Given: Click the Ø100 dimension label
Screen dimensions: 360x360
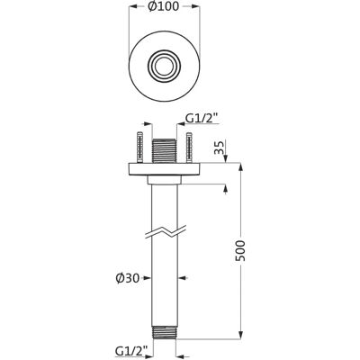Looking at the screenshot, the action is (x=164, y=6).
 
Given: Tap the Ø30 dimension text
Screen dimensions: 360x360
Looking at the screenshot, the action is (x=128, y=279).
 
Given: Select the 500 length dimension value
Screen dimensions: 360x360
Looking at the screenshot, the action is (x=240, y=250).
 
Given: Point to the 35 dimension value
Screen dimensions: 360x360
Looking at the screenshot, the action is (x=220, y=148).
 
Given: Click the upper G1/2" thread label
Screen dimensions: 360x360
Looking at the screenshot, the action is (x=201, y=119).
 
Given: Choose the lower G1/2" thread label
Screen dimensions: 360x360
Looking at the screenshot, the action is (x=131, y=349).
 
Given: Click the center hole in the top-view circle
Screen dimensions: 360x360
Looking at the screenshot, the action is (x=164, y=66).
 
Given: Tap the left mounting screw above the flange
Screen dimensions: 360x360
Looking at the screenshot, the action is (x=140, y=148).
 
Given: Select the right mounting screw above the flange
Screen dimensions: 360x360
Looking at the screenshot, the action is (x=189, y=148).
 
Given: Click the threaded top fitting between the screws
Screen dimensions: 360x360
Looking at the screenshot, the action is (x=165, y=151).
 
